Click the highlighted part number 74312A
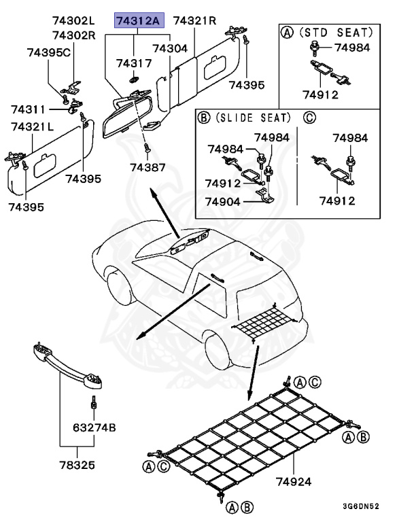(x=138, y=20)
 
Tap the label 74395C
(x=49, y=52)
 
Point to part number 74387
(x=148, y=167)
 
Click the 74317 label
(x=134, y=63)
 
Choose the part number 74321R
(x=194, y=20)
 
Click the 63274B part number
(x=94, y=428)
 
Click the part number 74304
(x=170, y=49)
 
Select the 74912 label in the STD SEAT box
(x=319, y=95)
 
